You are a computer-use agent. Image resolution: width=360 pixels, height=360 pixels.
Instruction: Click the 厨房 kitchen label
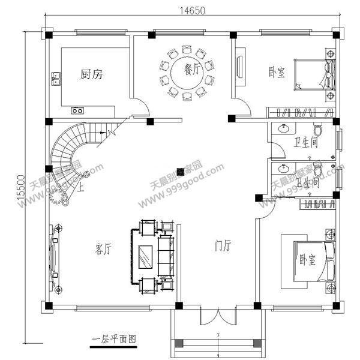[92, 74]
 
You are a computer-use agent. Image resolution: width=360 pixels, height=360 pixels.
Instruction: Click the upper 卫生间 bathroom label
[305, 143]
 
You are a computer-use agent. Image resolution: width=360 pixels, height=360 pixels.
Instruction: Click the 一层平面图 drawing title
[114, 339]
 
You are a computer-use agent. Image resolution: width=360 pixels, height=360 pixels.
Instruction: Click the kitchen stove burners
[78, 110]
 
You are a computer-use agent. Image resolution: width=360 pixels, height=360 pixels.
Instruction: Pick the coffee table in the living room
[145, 257]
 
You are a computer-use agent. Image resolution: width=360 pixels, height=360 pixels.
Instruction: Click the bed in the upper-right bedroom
[312, 75]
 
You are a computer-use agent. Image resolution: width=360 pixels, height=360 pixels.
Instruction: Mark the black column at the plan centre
[181, 170]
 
